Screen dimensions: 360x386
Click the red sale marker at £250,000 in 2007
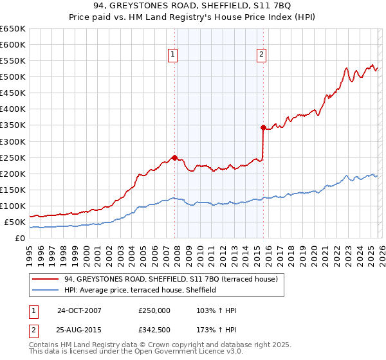pyautogui.click(x=174, y=157)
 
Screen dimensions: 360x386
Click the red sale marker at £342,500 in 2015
pyautogui.click(x=263, y=127)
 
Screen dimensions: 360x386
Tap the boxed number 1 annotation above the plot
pyautogui.click(x=174, y=55)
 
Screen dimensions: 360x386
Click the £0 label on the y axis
pyautogui.click(x=19, y=238)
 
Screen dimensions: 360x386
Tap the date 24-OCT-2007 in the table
pyautogui.click(x=79, y=310)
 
